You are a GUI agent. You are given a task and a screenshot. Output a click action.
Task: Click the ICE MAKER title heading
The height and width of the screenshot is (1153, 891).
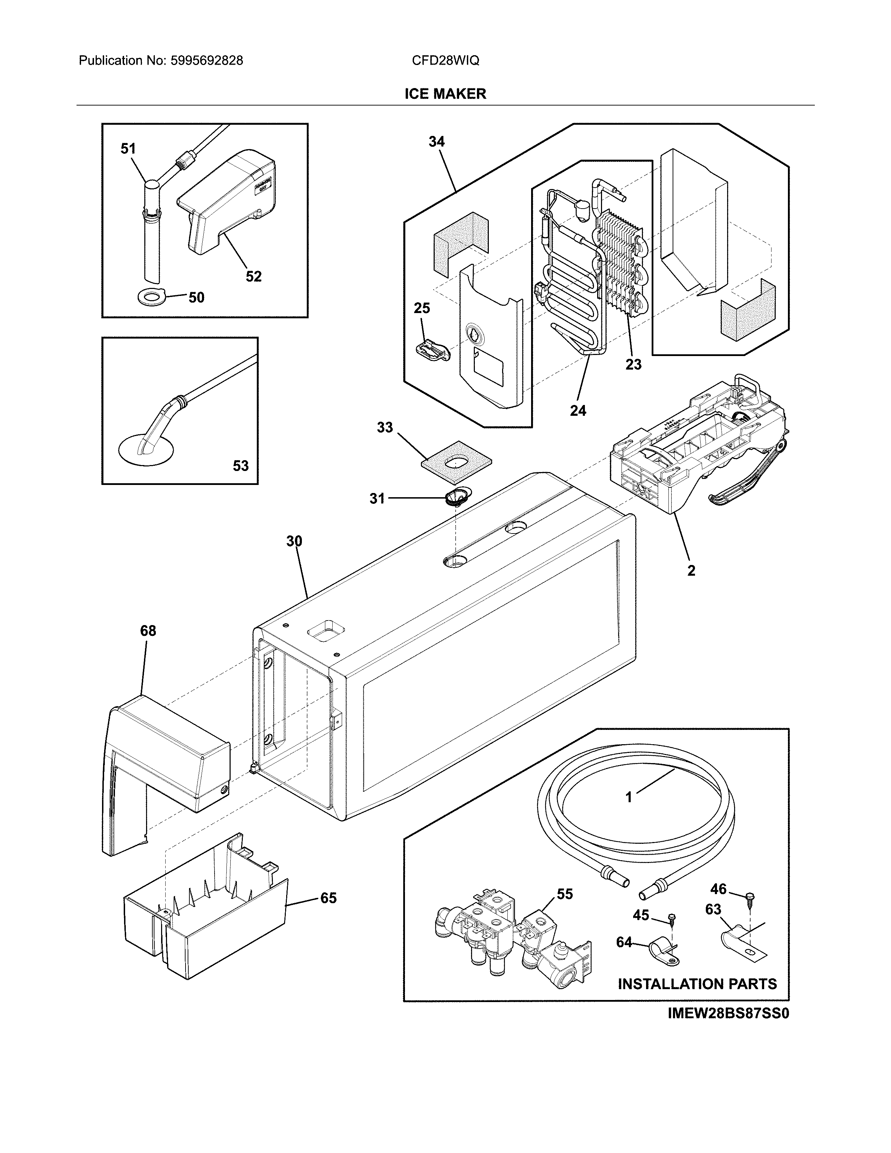click(445, 94)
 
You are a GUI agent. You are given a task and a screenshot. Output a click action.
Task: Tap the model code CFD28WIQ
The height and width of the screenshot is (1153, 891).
click(445, 61)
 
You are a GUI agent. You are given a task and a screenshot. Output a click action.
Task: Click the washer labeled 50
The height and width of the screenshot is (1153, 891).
click(152, 298)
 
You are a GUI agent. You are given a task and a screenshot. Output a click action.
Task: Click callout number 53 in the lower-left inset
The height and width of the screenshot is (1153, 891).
click(241, 466)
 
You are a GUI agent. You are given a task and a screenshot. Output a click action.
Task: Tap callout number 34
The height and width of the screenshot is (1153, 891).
click(436, 142)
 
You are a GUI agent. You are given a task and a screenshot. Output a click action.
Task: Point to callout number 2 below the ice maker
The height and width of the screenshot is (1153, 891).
click(691, 570)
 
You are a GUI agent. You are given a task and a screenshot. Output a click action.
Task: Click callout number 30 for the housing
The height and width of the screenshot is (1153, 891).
click(294, 541)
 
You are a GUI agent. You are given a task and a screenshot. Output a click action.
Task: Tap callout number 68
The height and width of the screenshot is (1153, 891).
click(148, 631)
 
